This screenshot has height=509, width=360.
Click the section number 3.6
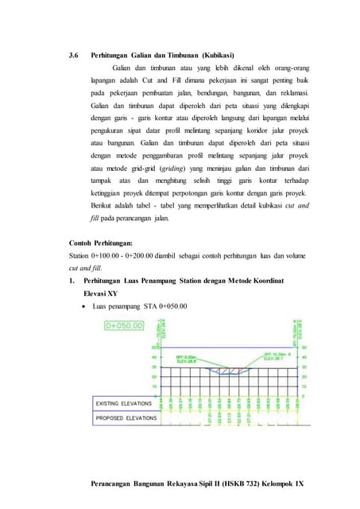coord(75,56)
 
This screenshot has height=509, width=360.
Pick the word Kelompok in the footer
coord(263,484)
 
